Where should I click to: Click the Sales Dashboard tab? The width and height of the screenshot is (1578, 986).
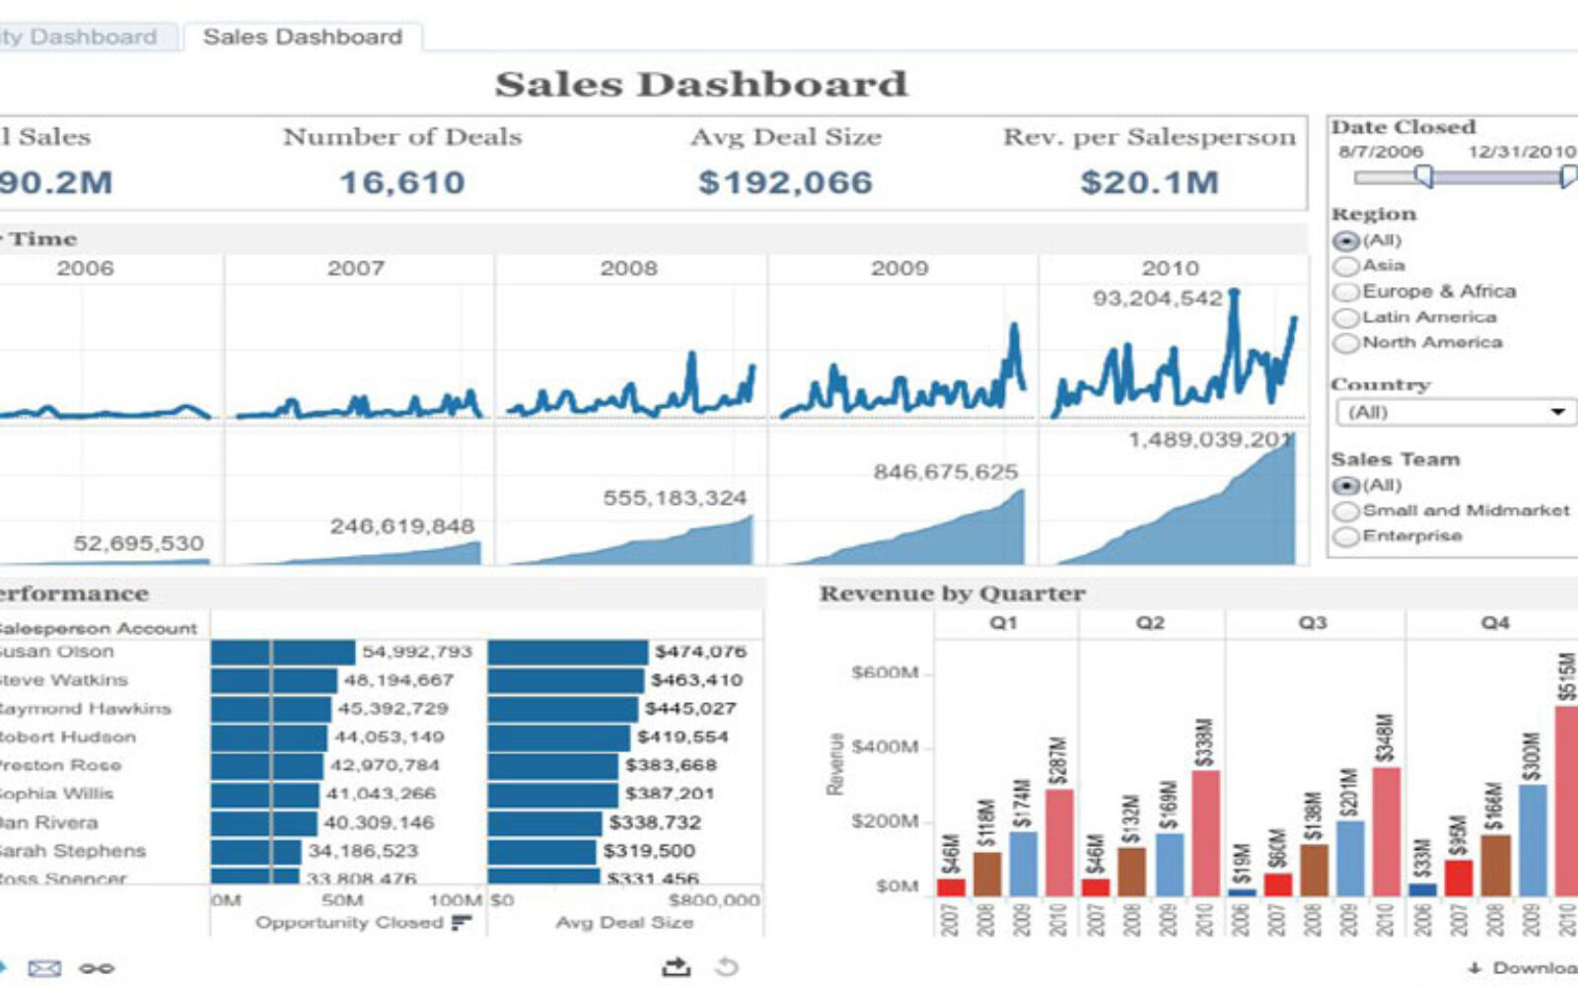tap(302, 37)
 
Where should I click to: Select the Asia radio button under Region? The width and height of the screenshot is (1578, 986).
tap(1346, 266)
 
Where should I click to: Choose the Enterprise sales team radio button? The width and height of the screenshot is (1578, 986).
tap(1346, 536)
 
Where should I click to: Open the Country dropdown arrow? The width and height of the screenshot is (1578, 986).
tap(1557, 412)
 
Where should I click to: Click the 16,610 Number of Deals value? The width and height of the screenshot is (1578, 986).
tap(401, 182)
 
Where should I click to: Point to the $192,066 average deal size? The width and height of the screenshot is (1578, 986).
tap(785, 182)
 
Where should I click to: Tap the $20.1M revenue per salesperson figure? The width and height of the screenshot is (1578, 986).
tap(1149, 182)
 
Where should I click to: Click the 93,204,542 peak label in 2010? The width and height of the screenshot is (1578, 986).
tap(1157, 298)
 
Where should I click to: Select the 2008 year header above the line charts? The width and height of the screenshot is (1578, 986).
tap(628, 268)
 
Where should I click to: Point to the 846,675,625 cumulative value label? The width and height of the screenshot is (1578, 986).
tap(945, 472)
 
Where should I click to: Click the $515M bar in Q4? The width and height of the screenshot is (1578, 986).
tap(1566, 799)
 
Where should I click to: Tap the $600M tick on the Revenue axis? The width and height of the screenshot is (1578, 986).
tap(885, 672)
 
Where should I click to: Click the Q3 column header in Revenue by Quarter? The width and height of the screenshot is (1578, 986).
tap(1313, 623)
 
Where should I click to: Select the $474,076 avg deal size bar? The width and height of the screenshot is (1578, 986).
tap(567, 653)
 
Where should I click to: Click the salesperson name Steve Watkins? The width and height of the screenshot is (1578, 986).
tap(63, 680)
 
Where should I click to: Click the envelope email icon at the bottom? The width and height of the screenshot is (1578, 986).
tap(44, 968)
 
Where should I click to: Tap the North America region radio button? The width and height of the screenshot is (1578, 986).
tap(1346, 343)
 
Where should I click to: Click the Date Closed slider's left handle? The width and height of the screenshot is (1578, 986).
tap(1423, 176)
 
